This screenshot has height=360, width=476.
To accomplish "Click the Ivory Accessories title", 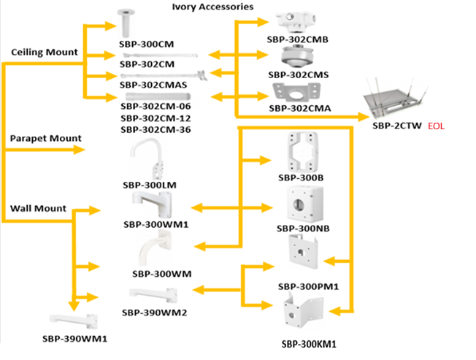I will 212,7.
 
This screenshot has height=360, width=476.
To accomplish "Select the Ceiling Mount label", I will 45,53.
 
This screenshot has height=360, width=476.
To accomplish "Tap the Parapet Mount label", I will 45,138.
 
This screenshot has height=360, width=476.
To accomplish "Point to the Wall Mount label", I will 38,208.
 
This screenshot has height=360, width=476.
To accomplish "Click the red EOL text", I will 436,126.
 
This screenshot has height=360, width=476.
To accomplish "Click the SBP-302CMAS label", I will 153,84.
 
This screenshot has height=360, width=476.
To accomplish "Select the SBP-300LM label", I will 150,185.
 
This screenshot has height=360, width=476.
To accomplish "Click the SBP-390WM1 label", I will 74,339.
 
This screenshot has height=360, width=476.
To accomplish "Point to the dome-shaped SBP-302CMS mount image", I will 297,58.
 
